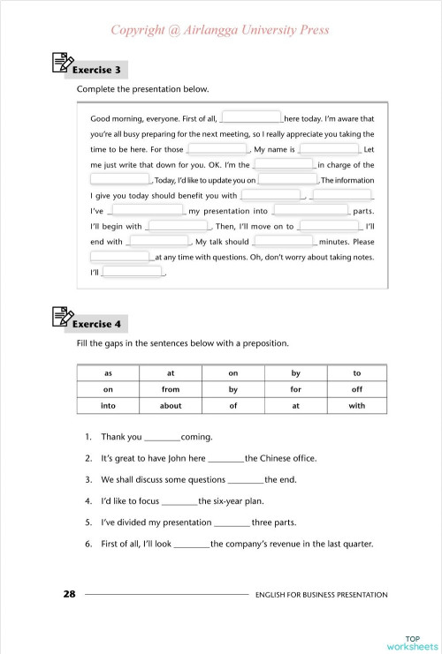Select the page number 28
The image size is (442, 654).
(x=69, y=594)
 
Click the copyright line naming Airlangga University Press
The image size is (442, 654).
(x=220, y=30)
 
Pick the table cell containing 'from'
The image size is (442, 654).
(x=171, y=389)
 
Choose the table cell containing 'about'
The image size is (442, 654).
(x=171, y=406)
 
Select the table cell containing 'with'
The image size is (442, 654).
(x=356, y=406)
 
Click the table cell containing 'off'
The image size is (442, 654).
(x=356, y=389)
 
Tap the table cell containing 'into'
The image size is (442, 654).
(x=108, y=406)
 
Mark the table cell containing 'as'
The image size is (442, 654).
(x=108, y=372)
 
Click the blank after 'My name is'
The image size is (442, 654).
(x=329, y=149)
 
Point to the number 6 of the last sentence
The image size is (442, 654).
(x=88, y=544)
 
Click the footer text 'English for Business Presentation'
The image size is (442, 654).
(x=321, y=595)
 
